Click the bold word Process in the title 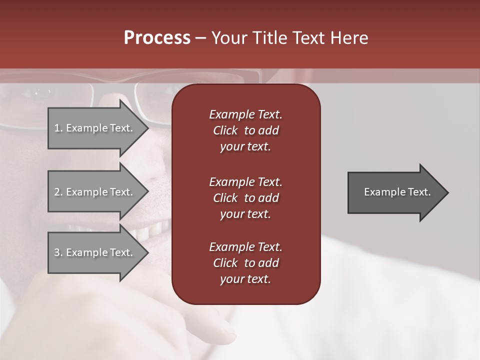point(157,38)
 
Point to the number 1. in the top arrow point(58,128)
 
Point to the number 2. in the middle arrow point(58,192)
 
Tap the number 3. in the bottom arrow point(58,252)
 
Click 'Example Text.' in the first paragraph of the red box point(245,114)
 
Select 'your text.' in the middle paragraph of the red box point(245,214)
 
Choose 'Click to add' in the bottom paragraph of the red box point(245,263)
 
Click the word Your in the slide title point(229,38)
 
